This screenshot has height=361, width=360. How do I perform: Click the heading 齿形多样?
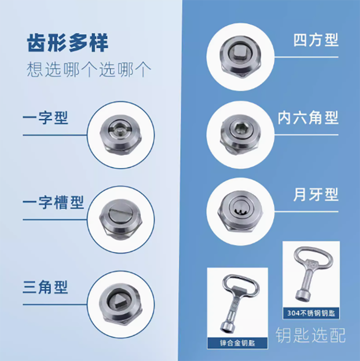tap(67, 43)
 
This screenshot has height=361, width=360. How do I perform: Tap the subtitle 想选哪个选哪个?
tap(89, 69)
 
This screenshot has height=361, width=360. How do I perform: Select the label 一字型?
tap(45, 118)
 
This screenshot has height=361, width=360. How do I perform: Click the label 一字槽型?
tap(53, 202)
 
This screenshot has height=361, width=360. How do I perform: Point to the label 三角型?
tap(45, 287)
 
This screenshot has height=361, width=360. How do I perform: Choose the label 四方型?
tap(316, 40)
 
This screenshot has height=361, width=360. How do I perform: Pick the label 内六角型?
tap(308, 118)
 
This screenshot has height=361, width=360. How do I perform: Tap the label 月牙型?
tap(316, 195)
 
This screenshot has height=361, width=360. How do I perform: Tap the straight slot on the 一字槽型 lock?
tap(120, 210)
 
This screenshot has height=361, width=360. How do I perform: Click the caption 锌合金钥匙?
tap(238, 343)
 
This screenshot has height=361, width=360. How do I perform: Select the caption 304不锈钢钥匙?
tap(311, 313)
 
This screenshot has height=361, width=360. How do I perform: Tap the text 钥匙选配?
tap(310, 335)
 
